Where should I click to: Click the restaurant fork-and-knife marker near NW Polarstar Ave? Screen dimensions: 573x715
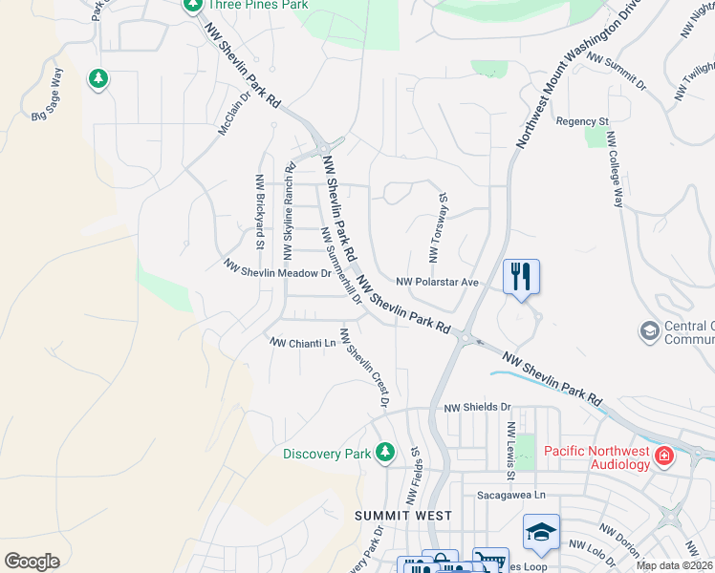[x=521, y=277]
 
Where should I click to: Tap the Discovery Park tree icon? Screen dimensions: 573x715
[x=385, y=451]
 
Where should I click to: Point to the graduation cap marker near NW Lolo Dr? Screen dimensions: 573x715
[x=541, y=533]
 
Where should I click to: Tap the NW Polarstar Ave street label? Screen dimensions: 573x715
[x=437, y=283]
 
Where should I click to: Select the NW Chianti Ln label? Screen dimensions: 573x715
[x=304, y=342]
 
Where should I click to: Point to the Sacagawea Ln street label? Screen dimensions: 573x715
[x=510, y=496]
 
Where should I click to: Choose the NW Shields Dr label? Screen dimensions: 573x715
[x=478, y=407]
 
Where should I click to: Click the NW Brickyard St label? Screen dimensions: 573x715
[x=259, y=211]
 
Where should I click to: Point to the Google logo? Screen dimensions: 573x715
[x=32, y=562]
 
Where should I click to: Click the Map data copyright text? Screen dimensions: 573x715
[x=674, y=565]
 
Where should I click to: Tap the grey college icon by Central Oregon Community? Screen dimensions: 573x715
[x=649, y=330]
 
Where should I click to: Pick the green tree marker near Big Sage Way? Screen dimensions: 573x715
[x=97, y=78]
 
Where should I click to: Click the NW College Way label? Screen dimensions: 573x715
[x=612, y=180]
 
